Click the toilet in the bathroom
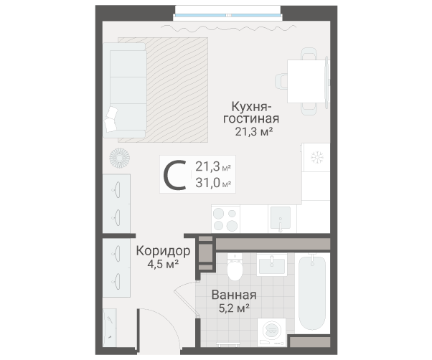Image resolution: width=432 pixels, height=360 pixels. [235, 267]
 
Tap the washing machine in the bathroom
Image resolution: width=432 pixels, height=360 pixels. [272, 332]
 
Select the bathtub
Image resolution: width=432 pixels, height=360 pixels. [312, 293]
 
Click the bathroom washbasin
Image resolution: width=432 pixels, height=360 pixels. [272, 265]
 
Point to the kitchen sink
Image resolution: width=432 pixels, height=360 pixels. [281, 218]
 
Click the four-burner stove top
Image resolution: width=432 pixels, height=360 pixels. [225, 219]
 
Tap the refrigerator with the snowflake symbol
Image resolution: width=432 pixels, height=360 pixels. [316, 157]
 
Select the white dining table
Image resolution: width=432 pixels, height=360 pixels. [306, 81]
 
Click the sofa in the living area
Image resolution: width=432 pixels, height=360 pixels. [125, 90]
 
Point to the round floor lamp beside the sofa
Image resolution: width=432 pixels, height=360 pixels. [119, 158]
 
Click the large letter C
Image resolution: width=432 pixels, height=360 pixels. [174, 175]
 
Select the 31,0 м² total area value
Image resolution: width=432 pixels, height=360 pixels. [213, 182]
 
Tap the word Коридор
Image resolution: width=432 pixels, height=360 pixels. [163, 251]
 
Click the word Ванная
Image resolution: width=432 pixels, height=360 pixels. [234, 295]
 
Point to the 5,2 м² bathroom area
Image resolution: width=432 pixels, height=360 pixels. [234, 308]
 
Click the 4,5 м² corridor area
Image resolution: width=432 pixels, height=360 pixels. [163, 264]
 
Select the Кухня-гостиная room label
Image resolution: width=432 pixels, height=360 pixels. [251, 113]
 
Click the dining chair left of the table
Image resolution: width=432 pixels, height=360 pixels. [281, 81]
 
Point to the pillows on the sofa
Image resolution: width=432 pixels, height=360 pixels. [111, 119]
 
